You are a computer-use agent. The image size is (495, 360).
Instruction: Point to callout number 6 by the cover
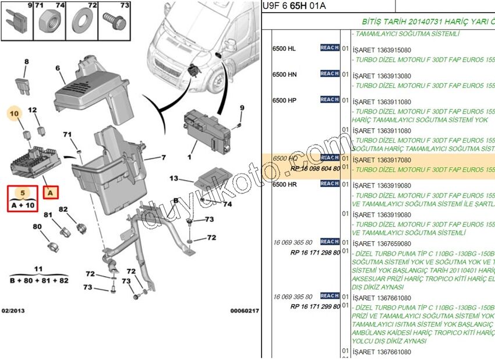(x=58, y=68)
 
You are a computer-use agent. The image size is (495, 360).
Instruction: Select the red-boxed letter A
(x=51, y=192)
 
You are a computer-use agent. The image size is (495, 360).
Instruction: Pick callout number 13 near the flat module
(x=174, y=178)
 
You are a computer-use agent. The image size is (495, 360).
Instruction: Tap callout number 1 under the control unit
(x=189, y=157)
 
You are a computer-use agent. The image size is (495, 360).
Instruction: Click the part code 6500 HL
(x=284, y=48)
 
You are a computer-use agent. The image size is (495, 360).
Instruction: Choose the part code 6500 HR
(x=285, y=184)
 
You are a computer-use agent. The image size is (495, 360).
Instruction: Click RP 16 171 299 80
(x=315, y=306)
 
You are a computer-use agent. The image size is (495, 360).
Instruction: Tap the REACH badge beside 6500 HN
(x=330, y=74)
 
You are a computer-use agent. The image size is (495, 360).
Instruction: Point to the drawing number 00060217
(x=244, y=311)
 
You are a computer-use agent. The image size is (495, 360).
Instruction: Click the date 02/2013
(x=13, y=311)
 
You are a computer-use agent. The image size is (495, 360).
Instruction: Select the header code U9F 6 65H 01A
(x=295, y=6)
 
